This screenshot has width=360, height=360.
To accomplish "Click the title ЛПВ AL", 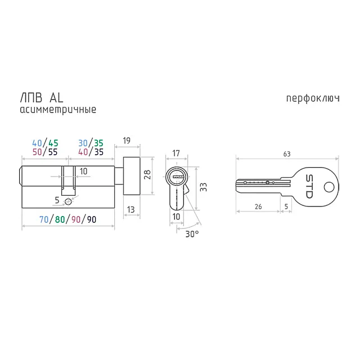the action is click(42, 98).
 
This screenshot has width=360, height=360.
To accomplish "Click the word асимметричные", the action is click(58, 110).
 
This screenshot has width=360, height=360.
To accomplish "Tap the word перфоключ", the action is click(313, 98).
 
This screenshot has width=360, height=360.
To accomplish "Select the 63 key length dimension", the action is click(287, 154).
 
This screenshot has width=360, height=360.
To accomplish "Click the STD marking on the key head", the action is click(309, 186).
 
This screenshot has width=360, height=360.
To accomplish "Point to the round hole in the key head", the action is click(329, 187).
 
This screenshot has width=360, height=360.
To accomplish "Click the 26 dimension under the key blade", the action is click(258, 206).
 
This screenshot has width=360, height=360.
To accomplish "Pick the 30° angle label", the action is click(192, 234).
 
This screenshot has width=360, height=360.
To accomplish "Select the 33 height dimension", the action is click(203, 187).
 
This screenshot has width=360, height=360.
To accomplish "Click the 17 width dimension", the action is click(176, 153).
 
